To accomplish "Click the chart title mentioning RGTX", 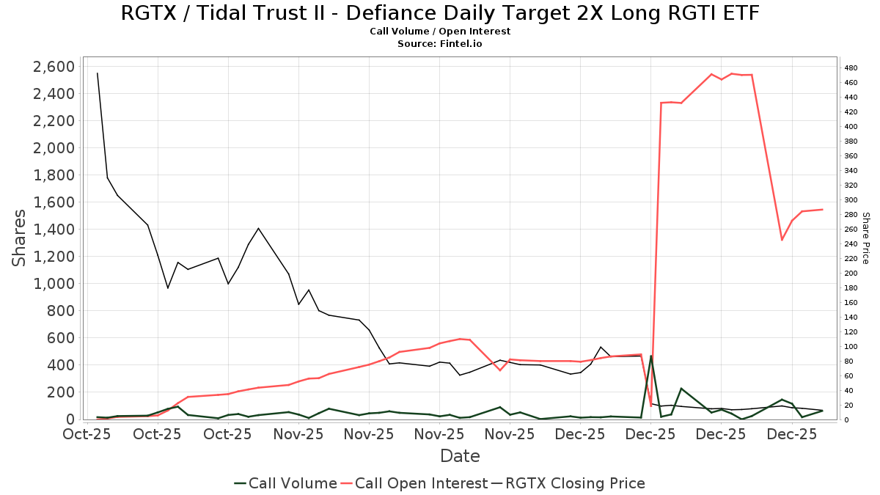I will tap(440, 13).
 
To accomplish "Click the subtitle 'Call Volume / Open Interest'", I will tap(440, 32).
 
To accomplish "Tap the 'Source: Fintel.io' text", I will tap(440, 44).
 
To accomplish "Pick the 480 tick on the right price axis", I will tap(851, 68).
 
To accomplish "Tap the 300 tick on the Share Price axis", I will tap(851, 200).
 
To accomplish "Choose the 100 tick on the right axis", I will tap(851, 347).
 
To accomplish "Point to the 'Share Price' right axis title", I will tap(865, 238).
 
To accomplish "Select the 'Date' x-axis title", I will tap(460, 456).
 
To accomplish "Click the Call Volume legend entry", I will tap(286, 483).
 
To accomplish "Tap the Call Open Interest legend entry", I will tap(415, 483).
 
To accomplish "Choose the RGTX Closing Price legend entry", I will tap(568, 483).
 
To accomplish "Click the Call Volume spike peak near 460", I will tap(651, 356).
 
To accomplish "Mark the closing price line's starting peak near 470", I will tap(98, 73).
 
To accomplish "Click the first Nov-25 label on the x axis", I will tap(298, 435).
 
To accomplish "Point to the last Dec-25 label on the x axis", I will tap(792, 435).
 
